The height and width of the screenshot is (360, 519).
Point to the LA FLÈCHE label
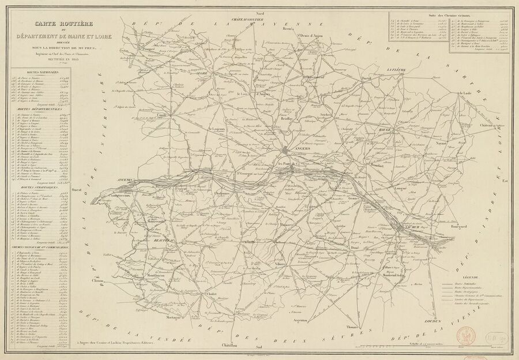click(x=397, y=70)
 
